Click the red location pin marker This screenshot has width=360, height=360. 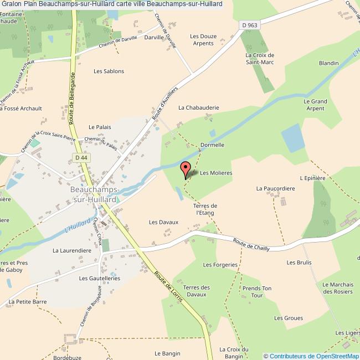click(186, 168)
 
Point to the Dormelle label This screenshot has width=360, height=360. click(212, 145)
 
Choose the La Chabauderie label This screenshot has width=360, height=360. click(199, 107)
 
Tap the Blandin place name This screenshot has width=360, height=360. click(328, 63)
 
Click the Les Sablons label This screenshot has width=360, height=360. click(109, 71)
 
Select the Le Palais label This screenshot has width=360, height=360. click(100, 127)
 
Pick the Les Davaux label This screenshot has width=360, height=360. click(163, 222)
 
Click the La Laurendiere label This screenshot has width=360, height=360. click(71, 250)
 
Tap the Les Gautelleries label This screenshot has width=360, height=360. click(100, 278)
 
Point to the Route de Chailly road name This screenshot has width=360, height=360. click(251, 244)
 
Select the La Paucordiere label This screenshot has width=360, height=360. click(275, 188)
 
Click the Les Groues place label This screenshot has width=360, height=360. click(289, 318)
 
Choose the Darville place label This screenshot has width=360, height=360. click(155, 37)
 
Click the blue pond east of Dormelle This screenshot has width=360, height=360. click(292, 138)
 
